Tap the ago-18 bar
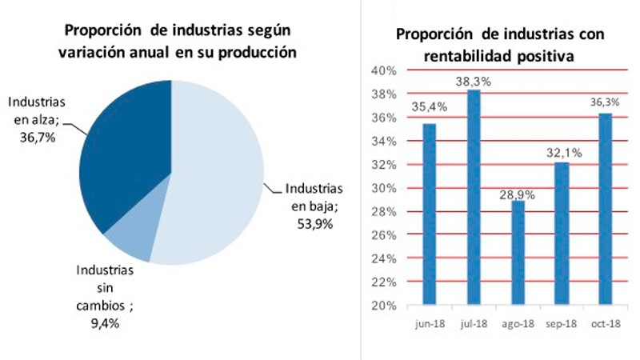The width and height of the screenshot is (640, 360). (x=518, y=252)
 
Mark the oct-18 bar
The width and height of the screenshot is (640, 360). (x=606, y=209)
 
